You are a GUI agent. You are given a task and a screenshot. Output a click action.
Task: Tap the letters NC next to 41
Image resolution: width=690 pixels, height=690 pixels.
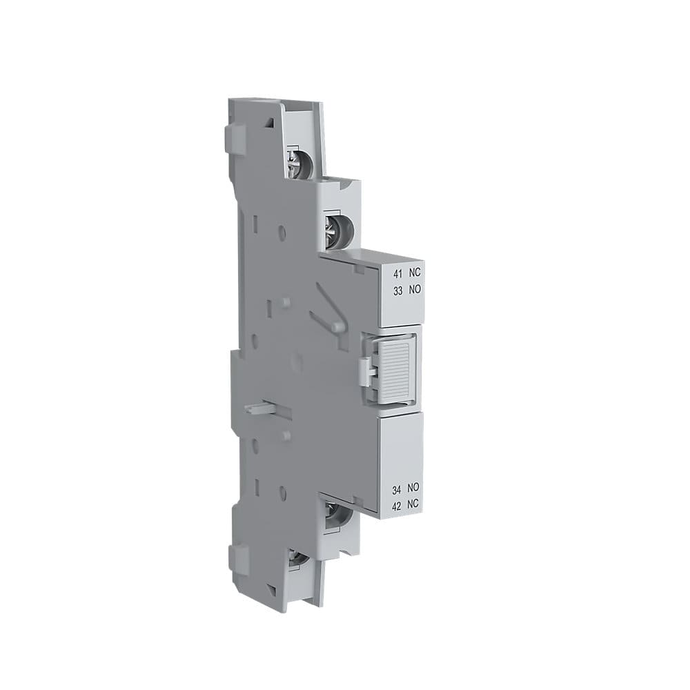pyautogui.click(x=413, y=275)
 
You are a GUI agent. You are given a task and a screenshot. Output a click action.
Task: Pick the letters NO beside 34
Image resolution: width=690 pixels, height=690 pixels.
pyautogui.click(x=414, y=489)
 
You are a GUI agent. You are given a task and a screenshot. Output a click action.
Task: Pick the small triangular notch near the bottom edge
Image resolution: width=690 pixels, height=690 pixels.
pyautogui.click(x=271, y=590)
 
